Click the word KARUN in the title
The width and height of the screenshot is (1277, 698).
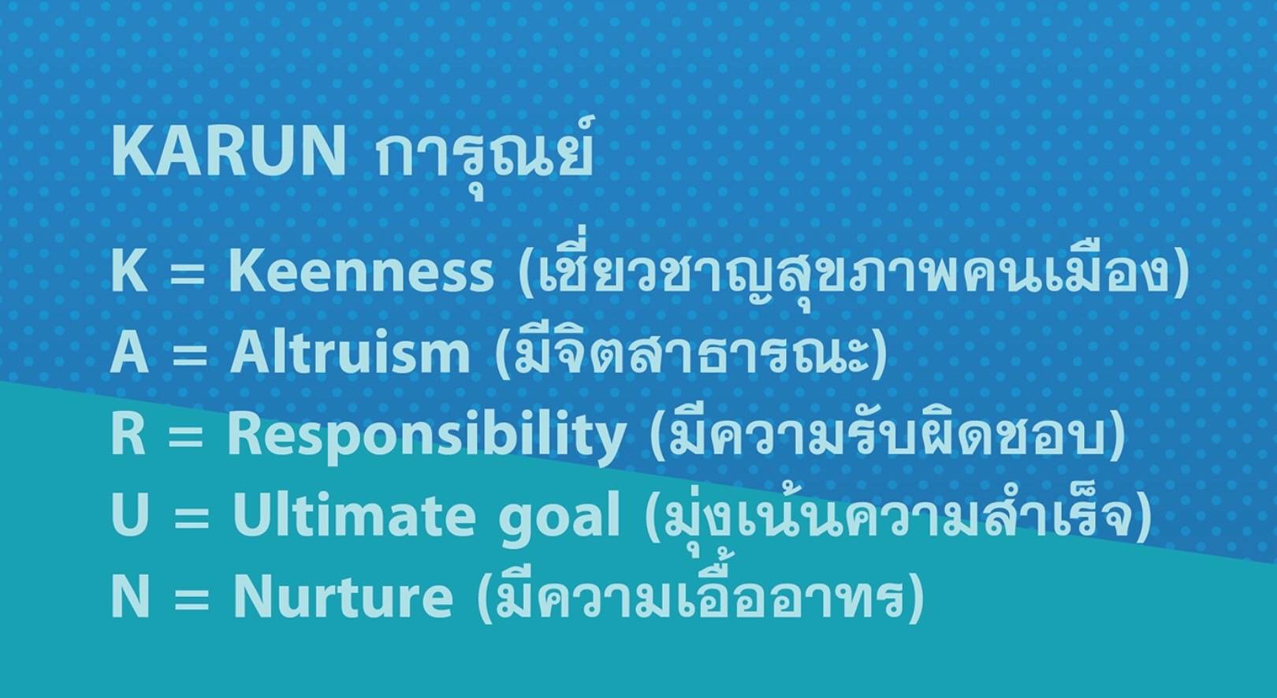tap(229, 151)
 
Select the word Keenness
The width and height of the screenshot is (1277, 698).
tap(361, 271)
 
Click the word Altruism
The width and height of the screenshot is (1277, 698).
tap(350, 352)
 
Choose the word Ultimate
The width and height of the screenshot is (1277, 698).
tap(354, 516)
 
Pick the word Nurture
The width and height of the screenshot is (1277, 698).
tap(343, 596)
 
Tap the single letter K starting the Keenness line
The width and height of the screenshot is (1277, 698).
tap(128, 271)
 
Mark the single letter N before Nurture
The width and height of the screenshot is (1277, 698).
tap(131, 596)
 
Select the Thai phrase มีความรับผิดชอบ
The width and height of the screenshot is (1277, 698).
tap(888, 435)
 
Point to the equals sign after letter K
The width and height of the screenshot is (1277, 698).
tap(187, 274)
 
